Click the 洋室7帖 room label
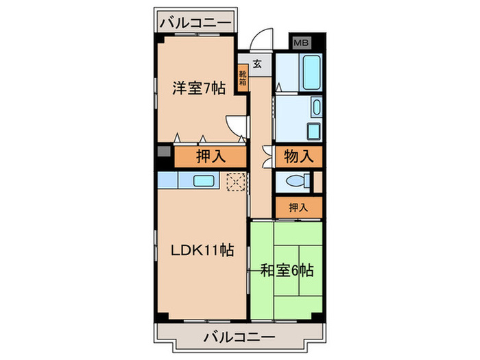click(x=198, y=88)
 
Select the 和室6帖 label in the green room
click(x=287, y=270)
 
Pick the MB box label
click(x=301, y=43)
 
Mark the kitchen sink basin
click(x=204, y=181)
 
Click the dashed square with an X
click(x=237, y=181)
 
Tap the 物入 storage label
click(x=298, y=156)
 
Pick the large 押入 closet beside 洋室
click(x=211, y=156)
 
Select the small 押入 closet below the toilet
click(x=298, y=206)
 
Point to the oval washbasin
click(x=316, y=106)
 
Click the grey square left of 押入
click(x=163, y=152)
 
